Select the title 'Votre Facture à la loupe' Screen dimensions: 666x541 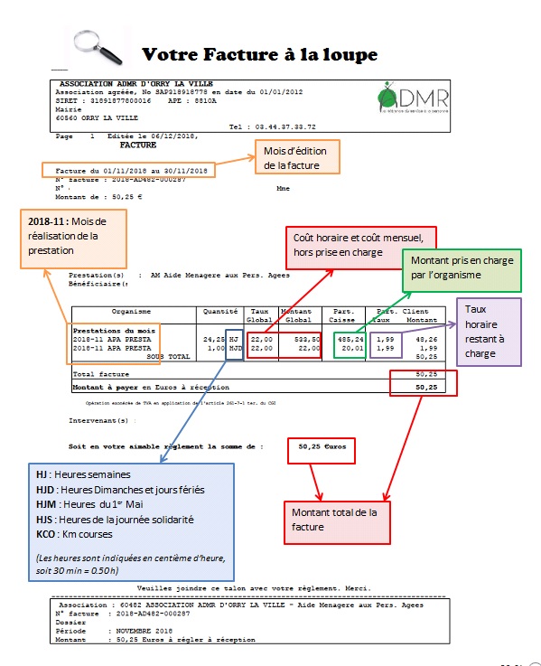point(259,55)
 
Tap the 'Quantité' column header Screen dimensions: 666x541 point(220,312)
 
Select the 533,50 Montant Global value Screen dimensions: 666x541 point(302,338)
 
